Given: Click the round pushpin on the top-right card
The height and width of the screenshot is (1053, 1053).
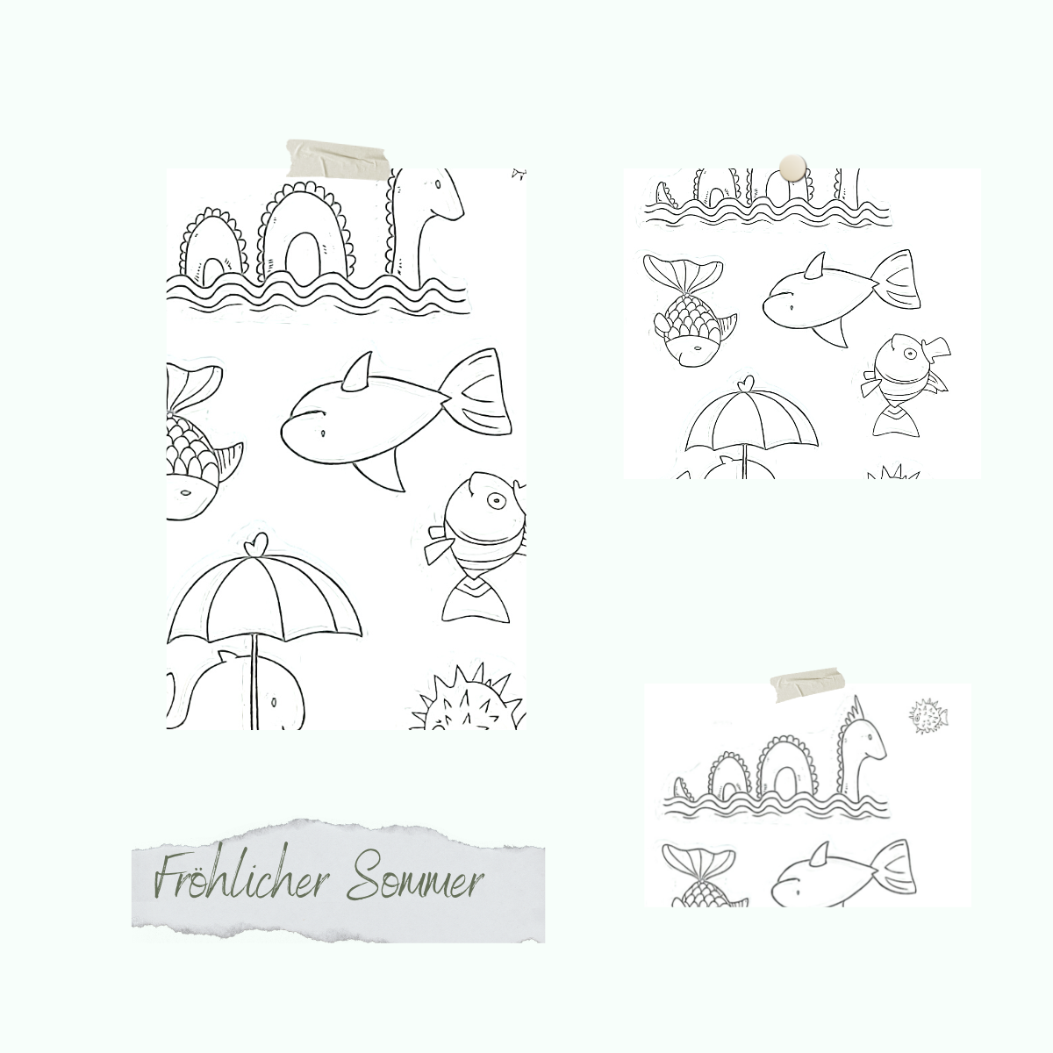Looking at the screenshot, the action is pos(792,168).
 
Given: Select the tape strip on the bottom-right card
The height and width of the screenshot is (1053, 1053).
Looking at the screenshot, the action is pos(807,684).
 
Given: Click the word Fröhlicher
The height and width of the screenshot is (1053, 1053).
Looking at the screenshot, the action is pos(242,877).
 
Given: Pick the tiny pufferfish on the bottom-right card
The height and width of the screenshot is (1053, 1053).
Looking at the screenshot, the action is pos(928,716).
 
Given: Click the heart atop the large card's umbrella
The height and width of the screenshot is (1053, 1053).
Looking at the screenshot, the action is pos(255,545).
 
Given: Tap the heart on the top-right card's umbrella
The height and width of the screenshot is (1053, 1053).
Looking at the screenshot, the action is pos(745,383).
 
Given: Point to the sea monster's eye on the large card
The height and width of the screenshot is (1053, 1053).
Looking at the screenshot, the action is pos(438,184).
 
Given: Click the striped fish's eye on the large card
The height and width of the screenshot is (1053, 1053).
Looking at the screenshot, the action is pos(496,500).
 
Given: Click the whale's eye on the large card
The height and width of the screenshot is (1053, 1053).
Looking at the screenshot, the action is pos(273,701).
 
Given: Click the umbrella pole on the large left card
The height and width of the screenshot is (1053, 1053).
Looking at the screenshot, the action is pos(254,682).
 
